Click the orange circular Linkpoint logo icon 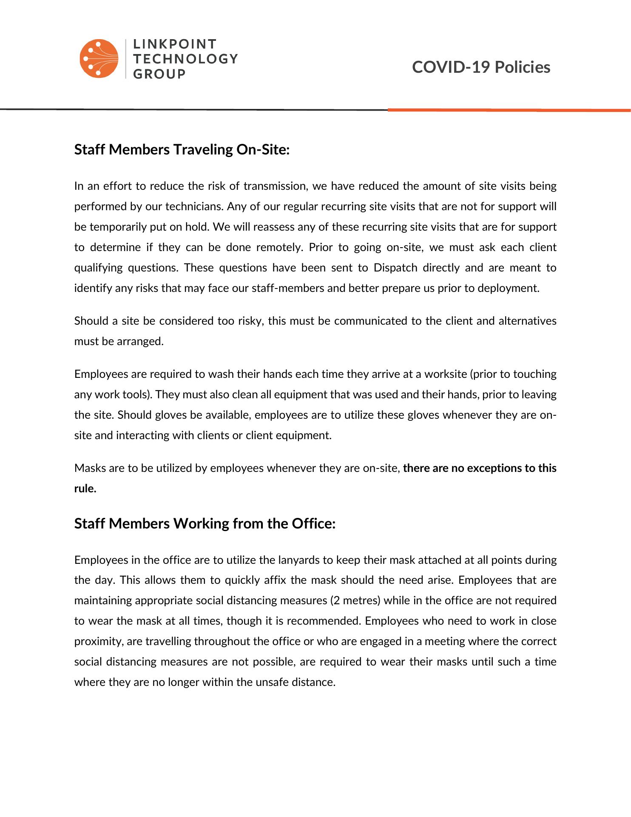pos(99,59)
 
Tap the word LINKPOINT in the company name pos(175,44)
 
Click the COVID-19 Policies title pos(481,67)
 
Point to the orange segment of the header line pos(509,110)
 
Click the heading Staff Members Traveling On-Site pos(182,150)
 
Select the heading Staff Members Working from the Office pos(205,523)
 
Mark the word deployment pos(508,288)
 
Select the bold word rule pos(85,488)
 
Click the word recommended pos(324,621)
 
